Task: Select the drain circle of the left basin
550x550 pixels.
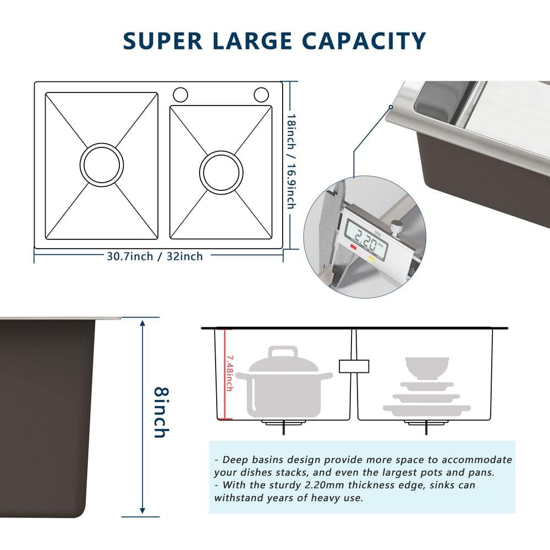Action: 101,165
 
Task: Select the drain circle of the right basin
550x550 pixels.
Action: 221,173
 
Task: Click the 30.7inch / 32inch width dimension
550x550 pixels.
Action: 155,256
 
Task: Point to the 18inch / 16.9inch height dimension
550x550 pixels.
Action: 290,161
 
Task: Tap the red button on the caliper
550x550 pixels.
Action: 353,249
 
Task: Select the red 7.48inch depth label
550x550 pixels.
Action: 229,373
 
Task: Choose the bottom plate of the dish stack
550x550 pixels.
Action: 427,409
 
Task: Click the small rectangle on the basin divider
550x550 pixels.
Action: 354,366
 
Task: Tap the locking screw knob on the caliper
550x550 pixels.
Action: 394,226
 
